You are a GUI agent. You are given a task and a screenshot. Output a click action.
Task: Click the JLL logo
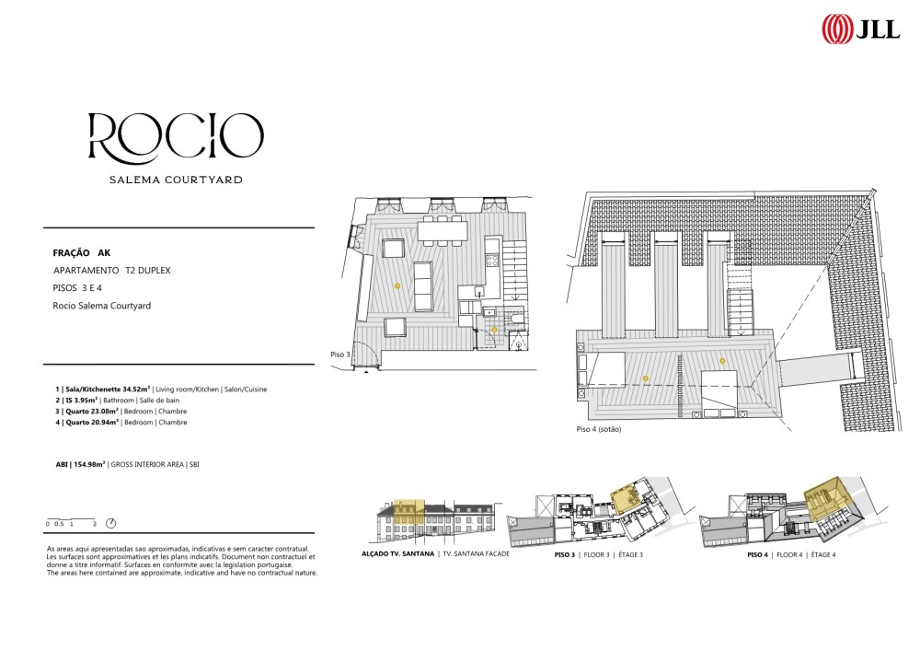click(x=861, y=29)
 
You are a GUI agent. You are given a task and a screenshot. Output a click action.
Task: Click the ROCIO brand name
click(x=176, y=137)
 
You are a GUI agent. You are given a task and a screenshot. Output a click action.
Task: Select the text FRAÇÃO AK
click(x=82, y=253)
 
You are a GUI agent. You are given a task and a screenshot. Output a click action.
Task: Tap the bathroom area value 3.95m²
click(x=86, y=401)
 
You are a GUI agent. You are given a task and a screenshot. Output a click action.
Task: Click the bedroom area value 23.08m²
click(x=107, y=412)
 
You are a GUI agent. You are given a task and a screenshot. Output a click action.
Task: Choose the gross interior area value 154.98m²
click(x=89, y=464)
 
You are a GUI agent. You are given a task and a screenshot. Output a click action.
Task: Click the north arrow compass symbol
click(x=110, y=523)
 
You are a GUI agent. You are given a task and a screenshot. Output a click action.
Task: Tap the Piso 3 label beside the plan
click(x=340, y=355)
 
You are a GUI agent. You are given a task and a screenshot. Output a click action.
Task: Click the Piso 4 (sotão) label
click(x=599, y=429)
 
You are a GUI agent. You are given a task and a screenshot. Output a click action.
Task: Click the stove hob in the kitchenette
click(x=491, y=261)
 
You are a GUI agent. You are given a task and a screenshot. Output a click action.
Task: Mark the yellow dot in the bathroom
click(x=495, y=330)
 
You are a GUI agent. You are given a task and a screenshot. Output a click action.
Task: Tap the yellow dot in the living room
click(x=397, y=285)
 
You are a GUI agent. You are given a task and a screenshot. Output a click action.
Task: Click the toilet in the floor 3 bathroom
click(x=517, y=319)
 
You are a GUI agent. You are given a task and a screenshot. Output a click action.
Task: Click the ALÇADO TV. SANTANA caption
click(x=397, y=553)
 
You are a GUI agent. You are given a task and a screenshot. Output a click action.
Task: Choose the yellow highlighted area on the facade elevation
click(x=408, y=512)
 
